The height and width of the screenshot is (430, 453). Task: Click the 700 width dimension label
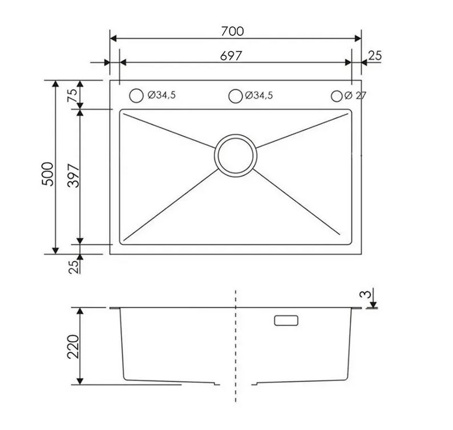click(232, 31)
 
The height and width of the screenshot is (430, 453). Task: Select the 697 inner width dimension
click(230, 56)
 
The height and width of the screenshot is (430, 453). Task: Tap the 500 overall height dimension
click(48, 174)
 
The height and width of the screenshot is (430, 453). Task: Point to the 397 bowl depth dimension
click(73, 175)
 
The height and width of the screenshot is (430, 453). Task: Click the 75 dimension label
click(72, 95)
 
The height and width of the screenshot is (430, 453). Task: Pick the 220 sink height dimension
click(73, 346)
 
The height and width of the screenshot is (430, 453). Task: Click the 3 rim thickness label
click(365, 294)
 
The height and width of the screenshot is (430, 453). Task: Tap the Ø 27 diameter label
click(355, 95)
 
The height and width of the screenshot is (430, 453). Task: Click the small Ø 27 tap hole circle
click(337, 96)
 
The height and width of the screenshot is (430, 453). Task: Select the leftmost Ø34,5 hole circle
click(136, 96)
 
